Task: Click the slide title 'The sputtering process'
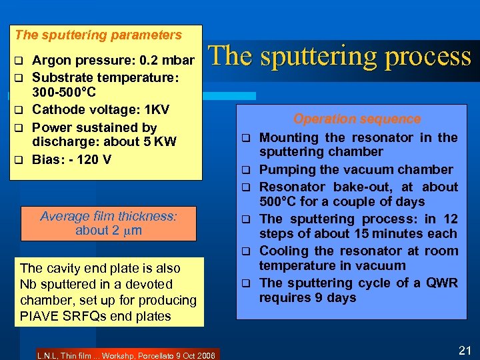(x=341, y=57)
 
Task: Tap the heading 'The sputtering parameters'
(x=98, y=35)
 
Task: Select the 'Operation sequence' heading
(x=357, y=119)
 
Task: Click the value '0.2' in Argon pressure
(x=148, y=61)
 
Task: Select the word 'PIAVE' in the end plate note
(x=39, y=315)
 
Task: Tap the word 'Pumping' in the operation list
(x=285, y=170)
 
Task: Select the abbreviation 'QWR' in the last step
(x=440, y=283)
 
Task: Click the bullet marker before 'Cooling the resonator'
(x=245, y=251)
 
